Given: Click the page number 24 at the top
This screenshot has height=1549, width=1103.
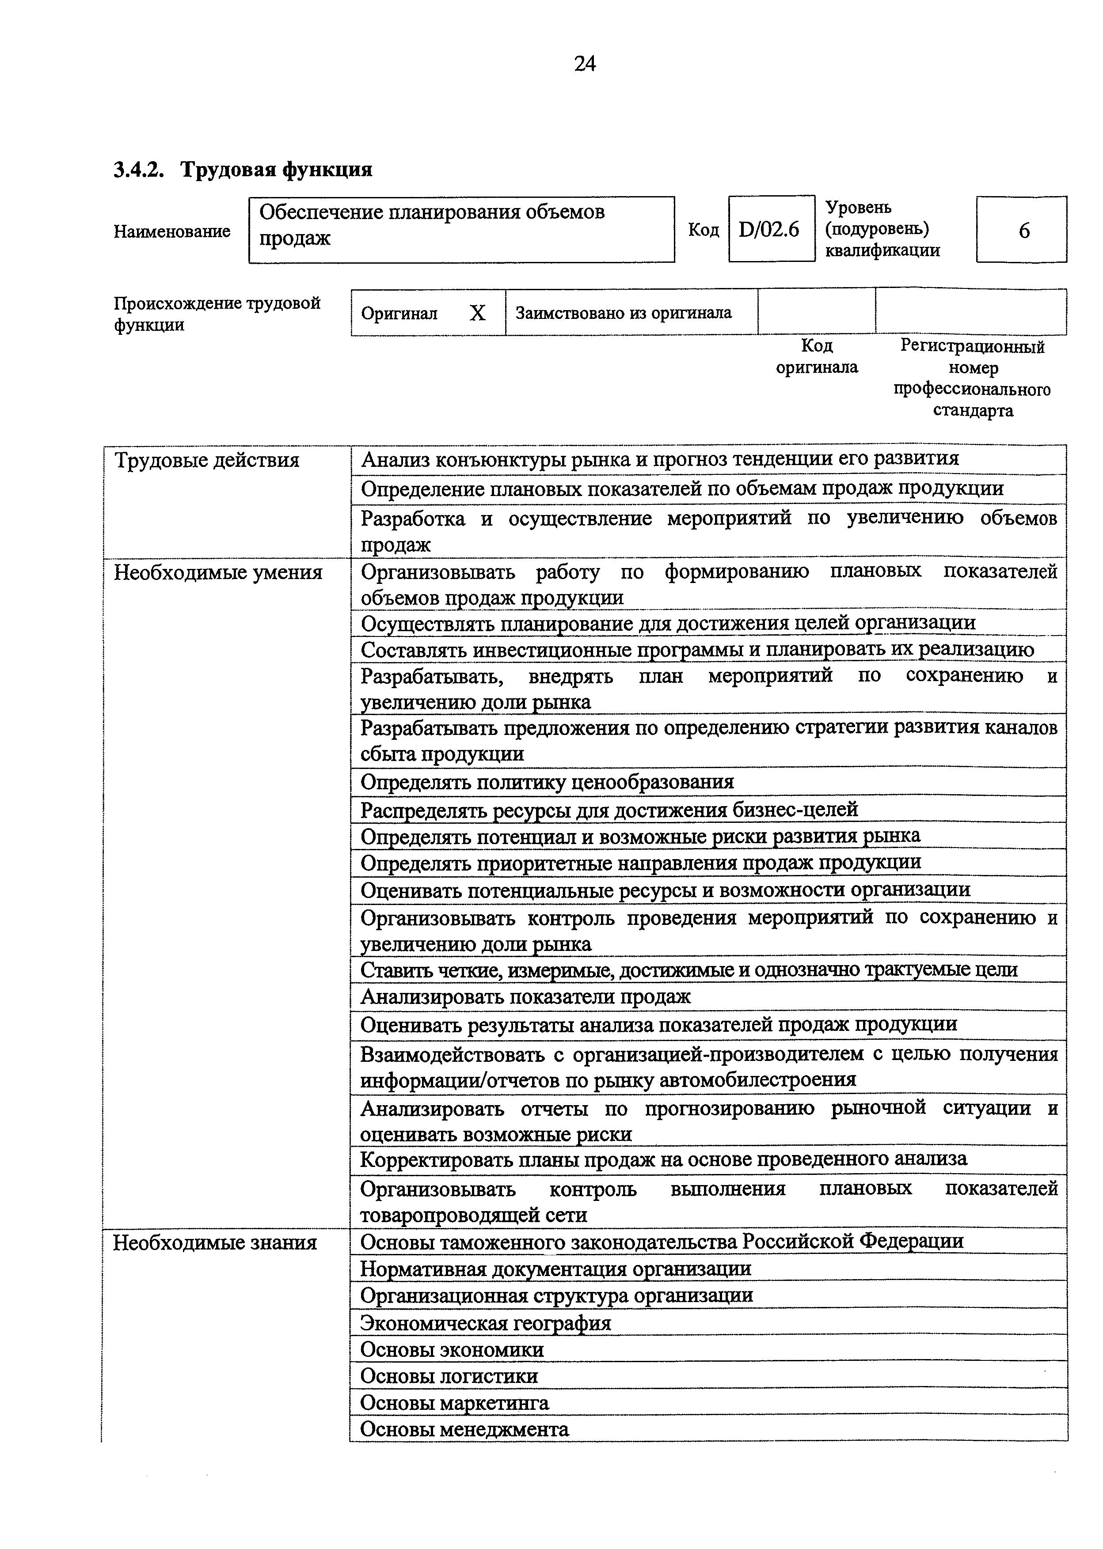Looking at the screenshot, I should tap(585, 64).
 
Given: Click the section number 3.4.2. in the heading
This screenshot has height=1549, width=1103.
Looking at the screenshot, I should tap(139, 169).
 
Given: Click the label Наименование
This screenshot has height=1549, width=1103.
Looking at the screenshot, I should tap(172, 231).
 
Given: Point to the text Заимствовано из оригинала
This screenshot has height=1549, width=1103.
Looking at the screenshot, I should tap(624, 313).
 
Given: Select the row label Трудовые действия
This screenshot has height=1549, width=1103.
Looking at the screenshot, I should tap(206, 461).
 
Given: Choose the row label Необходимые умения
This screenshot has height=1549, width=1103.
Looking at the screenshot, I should tap(217, 572).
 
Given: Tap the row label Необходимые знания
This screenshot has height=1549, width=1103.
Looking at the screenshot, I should tap(215, 1242).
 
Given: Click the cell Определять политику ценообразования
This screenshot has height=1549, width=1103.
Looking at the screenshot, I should tap(547, 782).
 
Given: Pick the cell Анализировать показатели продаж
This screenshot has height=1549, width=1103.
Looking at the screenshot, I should tap(525, 996).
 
